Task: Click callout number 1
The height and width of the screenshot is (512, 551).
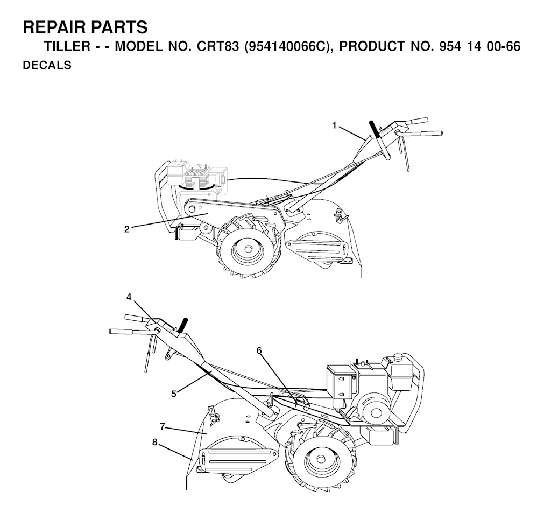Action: (x=335, y=125)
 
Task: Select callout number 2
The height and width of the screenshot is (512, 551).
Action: (x=127, y=229)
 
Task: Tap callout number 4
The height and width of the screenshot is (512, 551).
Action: (x=129, y=298)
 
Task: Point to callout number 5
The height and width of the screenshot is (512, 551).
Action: (x=174, y=394)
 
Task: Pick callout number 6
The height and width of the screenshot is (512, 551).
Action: (x=259, y=351)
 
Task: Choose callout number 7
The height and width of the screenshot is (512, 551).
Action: (x=162, y=426)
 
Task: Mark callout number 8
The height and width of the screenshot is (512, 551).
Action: (x=154, y=443)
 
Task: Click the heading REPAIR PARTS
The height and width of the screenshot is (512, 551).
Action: (x=86, y=27)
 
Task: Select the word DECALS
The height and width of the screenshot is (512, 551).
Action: (x=47, y=65)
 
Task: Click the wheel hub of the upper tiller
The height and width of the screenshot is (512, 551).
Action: (x=249, y=249)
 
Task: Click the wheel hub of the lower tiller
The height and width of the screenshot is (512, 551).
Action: (x=320, y=459)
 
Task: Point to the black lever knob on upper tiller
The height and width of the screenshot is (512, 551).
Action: (x=375, y=129)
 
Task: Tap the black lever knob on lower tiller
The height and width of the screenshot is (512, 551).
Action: (x=183, y=325)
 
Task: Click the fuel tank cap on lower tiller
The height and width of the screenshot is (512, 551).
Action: (x=398, y=356)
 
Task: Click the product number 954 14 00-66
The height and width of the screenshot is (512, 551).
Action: (x=479, y=46)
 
